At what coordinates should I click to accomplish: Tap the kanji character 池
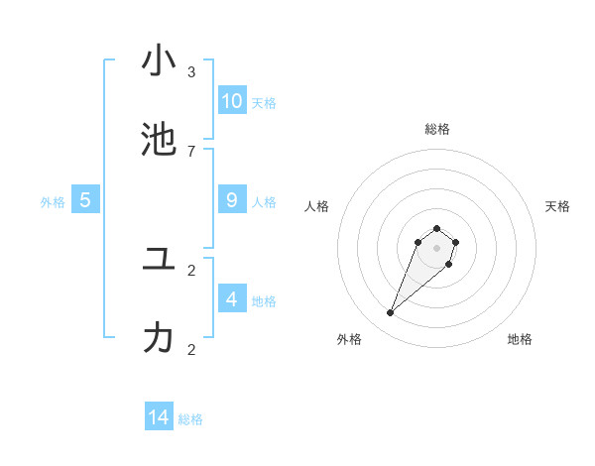[x=159, y=140]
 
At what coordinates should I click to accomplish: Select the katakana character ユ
[x=159, y=259]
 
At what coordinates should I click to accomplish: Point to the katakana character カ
[x=159, y=338]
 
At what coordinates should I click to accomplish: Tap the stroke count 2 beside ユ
[x=191, y=270]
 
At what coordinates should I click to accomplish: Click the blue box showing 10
[x=232, y=100]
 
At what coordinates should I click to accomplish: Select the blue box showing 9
[x=232, y=199]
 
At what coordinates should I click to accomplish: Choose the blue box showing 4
[x=232, y=298]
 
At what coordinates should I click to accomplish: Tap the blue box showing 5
[x=85, y=199]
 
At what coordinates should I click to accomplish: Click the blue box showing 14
[x=159, y=417]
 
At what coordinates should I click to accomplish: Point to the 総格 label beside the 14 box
[x=190, y=419]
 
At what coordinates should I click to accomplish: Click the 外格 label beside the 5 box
[x=53, y=202]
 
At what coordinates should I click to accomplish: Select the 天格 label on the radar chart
[x=557, y=206]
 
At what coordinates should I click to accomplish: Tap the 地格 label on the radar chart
[x=520, y=339]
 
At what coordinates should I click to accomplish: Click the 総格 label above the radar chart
[x=437, y=129]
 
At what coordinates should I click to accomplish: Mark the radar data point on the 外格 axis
[x=391, y=313]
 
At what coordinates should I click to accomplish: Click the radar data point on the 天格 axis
[x=455, y=242]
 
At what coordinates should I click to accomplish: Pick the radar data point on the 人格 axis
[x=418, y=242]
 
